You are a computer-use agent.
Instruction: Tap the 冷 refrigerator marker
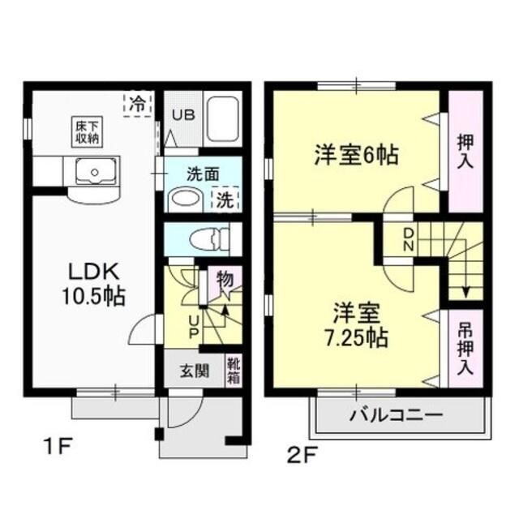139,105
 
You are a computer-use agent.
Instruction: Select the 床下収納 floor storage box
88,131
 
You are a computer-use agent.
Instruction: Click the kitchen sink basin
92,172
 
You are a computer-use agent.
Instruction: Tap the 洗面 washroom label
204,173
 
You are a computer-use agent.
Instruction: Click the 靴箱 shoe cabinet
233,371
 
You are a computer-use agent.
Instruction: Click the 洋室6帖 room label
356,155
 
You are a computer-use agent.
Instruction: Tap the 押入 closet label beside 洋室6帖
465,152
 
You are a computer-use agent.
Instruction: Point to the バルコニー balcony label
397,416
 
